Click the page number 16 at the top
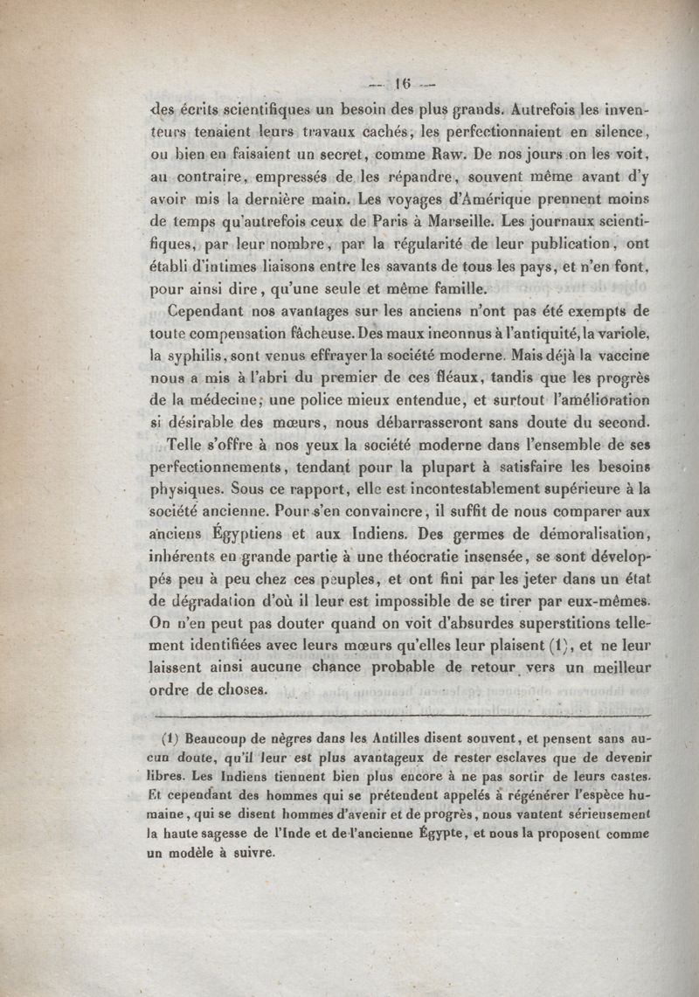[403, 86]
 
